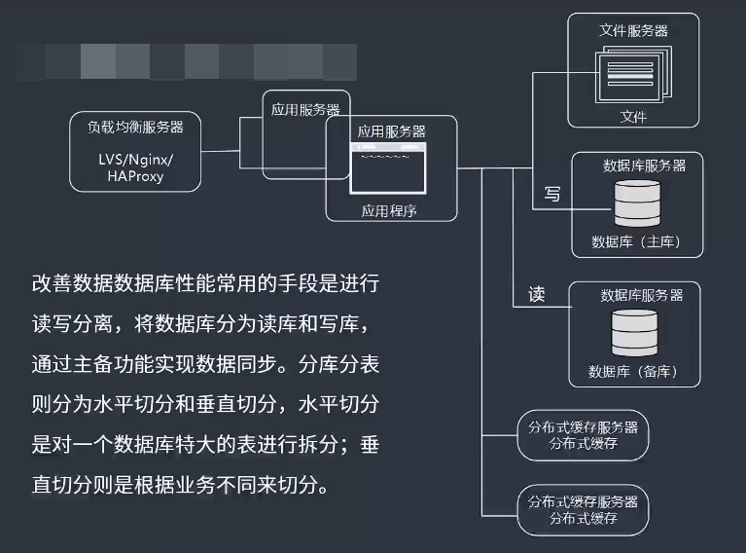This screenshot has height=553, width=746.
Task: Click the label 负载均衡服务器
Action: click(x=135, y=127)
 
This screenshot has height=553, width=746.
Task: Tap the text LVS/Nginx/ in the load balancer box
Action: click(x=135, y=158)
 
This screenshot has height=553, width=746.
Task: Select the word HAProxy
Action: click(x=136, y=176)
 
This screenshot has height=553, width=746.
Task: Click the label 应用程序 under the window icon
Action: click(x=390, y=210)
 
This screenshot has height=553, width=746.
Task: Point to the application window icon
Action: click(x=389, y=167)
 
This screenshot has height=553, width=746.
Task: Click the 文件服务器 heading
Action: click(x=633, y=30)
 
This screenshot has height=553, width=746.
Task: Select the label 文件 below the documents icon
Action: click(x=633, y=117)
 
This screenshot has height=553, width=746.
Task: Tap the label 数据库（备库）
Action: click(x=633, y=372)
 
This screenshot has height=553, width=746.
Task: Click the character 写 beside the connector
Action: click(x=551, y=194)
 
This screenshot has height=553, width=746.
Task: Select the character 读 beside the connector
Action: click(x=537, y=294)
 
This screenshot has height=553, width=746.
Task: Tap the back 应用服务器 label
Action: click(x=304, y=109)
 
